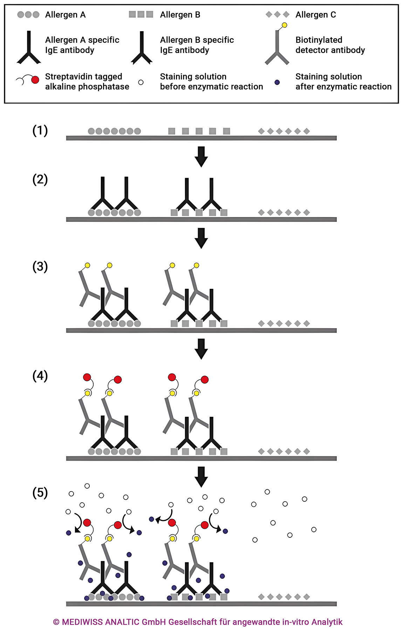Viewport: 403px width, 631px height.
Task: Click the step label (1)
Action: (x=40, y=130)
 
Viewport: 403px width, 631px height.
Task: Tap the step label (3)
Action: (x=40, y=266)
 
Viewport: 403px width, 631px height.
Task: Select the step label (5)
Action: (x=40, y=493)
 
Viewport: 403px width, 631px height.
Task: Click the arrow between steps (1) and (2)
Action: (x=201, y=156)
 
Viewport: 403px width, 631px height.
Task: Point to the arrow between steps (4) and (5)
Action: (x=201, y=476)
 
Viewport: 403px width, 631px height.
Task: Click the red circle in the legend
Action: (x=35, y=80)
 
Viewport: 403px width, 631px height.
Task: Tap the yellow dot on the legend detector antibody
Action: (x=285, y=25)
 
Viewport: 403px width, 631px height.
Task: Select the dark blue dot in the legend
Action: (x=277, y=82)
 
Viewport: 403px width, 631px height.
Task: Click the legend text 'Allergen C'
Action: (x=315, y=15)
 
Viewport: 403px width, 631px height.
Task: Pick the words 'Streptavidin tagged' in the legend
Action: (x=83, y=76)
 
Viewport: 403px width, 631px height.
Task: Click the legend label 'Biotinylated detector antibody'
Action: (x=330, y=45)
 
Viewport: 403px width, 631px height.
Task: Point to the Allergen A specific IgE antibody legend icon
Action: (x=29, y=47)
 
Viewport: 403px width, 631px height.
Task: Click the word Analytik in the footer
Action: (x=327, y=622)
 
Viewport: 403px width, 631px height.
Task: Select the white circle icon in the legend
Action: (x=141, y=82)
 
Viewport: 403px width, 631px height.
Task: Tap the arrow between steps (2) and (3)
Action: (x=201, y=238)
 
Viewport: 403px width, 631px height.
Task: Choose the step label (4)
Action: (x=40, y=376)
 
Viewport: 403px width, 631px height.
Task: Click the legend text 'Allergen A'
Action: (x=65, y=15)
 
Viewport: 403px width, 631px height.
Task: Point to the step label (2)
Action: (x=40, y=179)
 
